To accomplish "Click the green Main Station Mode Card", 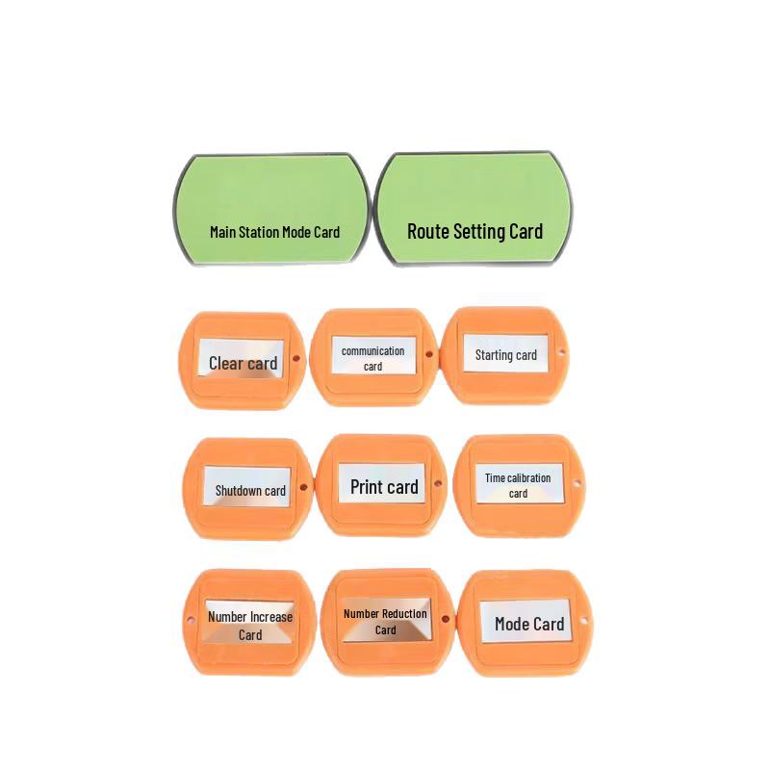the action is pyautogui.click(x=271, y=210).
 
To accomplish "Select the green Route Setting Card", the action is pyautogui.click(x=474, y=208).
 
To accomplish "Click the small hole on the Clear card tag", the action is pyautogui.click(x=296, y=358).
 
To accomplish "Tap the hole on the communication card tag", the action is pyautogui.click(x=428, y=353).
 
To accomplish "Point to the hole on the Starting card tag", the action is pyautogui.click(x=562, y=351).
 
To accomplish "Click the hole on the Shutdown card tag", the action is pyautogui.click(x=303, y=487).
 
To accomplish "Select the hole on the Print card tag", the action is pyautogui.click(x=438, y=483).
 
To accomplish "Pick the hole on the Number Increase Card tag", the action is pyautogui.click(x=191, y=620).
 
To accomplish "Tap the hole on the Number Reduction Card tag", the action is pyautogui.click(x=446, y=619).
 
